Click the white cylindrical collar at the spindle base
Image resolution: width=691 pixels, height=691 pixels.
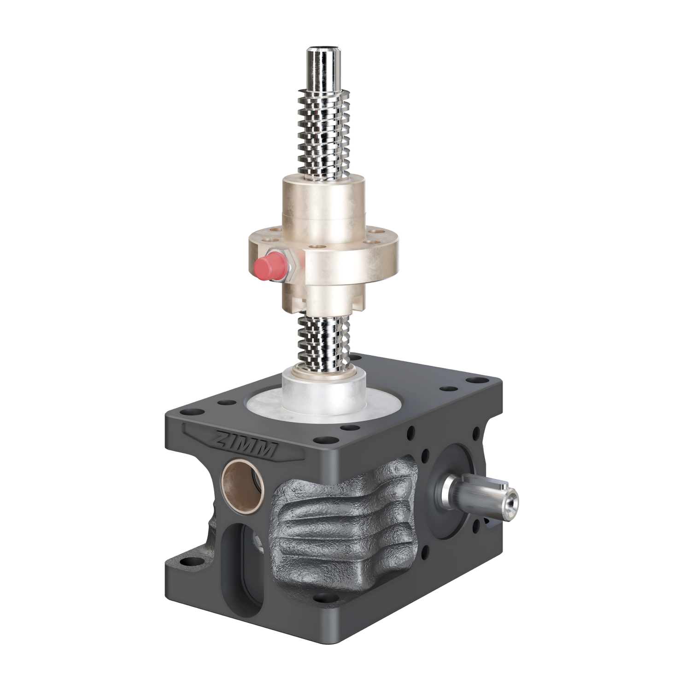point(324,392)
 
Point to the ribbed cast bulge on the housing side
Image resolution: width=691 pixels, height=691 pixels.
point(345,525)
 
